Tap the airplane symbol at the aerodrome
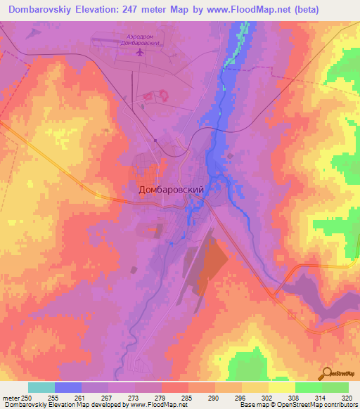(139, 51)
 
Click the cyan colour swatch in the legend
(41, 387)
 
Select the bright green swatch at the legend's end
(335, 387)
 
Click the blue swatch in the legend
(68, 387)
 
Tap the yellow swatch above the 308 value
(282, 387)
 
